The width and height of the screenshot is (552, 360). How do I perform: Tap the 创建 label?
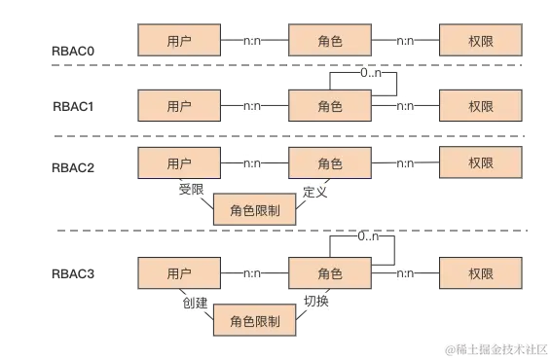coord(195,302)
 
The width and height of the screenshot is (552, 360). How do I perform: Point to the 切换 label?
coord(317,302)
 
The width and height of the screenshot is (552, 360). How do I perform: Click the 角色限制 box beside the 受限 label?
coord(254,210)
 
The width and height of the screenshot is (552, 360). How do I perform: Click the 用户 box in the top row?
coord(180,42)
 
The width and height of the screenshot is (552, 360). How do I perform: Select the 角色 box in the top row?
coord(330,42)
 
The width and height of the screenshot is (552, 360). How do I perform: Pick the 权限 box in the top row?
coord(481,42)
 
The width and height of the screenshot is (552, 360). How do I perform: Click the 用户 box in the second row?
coord(180,105)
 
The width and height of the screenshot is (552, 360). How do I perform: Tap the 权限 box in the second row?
coord(481,105)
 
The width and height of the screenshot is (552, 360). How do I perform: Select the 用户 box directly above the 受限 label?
coord(180,163)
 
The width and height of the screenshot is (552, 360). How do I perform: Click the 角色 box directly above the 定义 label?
coord(330,163)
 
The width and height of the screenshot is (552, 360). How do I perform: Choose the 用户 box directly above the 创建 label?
coord(180,273)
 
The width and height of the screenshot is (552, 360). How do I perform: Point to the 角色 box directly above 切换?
coord(330,273)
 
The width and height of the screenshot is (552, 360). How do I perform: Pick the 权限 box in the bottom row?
coord(481,273)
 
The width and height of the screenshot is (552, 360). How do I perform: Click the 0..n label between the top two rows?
coord(371,73)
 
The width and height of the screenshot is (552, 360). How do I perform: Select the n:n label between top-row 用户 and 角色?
coord(254,42)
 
